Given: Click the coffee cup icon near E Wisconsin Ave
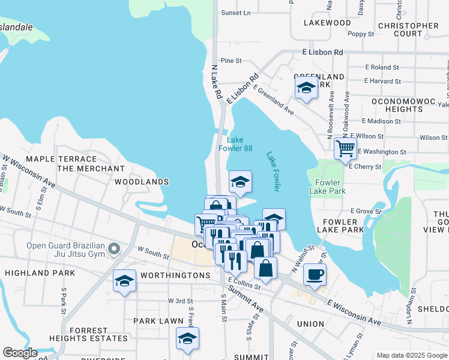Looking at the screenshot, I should pyautogui.click(x=315, y=275).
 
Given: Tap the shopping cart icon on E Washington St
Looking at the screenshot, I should pyautogui.click(x=345, y=148).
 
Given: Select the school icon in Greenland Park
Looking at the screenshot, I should pyautogui.click(x=306, y=89).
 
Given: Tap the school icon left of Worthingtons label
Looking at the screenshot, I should pyautogui.click(x=124, y=281).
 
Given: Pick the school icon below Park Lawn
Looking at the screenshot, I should pyautogui.click(x=188, y=339).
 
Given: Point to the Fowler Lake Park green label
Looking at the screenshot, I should pyautogui.click(x=328, y=187).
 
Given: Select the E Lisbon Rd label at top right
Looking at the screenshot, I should pyautogui.click(x=323, y=52).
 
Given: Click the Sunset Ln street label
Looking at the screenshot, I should pyautogui.click(x=236, y=13).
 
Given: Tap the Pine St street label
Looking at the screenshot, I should pyautogui.click(x=231, y=61).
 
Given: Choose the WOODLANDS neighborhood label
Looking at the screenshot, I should pyautogui.click(x=142, y=181).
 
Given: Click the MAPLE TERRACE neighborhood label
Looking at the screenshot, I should pyautogui.click(x=61, y=158).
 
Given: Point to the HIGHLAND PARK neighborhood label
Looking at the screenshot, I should pyautogui.click(x=40, y=273).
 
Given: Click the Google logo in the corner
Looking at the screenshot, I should pyautogui.click(x=20, y=353).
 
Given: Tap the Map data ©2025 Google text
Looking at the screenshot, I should pyautogui.click(x=411, y=355).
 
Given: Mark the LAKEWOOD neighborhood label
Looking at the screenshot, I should pyautogui.click(x=327, y=23).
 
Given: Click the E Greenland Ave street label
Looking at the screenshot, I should pyautogui.click(x=274, y=100).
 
